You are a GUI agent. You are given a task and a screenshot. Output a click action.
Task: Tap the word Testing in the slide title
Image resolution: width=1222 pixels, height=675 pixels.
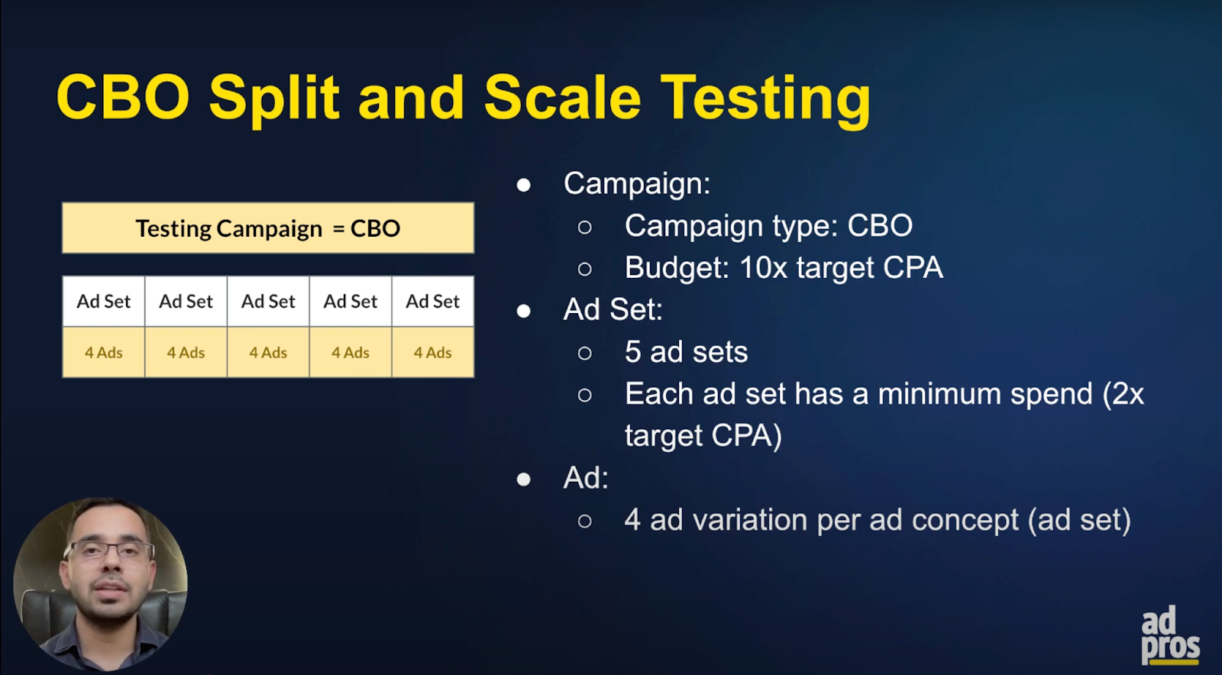[x=765, y=100]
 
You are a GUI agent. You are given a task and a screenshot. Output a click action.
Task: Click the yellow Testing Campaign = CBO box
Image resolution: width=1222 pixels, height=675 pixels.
[x=268, y=228]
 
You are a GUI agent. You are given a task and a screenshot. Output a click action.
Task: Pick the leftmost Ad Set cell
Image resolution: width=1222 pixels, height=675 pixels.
[x=104, y=301]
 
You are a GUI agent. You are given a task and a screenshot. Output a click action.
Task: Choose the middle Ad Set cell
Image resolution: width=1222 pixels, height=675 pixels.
[x=268, y=301]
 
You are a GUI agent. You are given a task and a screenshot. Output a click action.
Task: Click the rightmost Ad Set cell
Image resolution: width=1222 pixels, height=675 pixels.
[x=432, y=301]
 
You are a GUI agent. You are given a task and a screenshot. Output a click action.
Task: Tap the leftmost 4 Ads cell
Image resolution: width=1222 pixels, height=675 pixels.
[x=104, y=352]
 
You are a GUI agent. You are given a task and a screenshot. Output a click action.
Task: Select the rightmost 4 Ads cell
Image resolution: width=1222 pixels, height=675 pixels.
[x=432, y=352]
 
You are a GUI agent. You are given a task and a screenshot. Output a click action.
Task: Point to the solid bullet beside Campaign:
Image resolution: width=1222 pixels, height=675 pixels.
[x=524, y=186]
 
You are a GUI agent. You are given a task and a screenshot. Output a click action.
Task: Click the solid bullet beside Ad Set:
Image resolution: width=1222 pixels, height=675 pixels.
[x=524, y=311]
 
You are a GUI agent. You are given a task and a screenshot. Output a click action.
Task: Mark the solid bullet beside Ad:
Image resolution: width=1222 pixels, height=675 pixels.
[x=524, y=480]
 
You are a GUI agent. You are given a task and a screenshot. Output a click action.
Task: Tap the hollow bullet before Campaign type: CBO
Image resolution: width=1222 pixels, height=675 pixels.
[x=585, y=227]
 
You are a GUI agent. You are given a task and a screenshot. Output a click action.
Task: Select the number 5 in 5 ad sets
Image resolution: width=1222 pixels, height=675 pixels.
[x=633, y=352]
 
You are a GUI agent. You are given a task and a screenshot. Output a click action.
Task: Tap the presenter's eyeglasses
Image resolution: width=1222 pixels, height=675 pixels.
[x=108, y=552]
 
